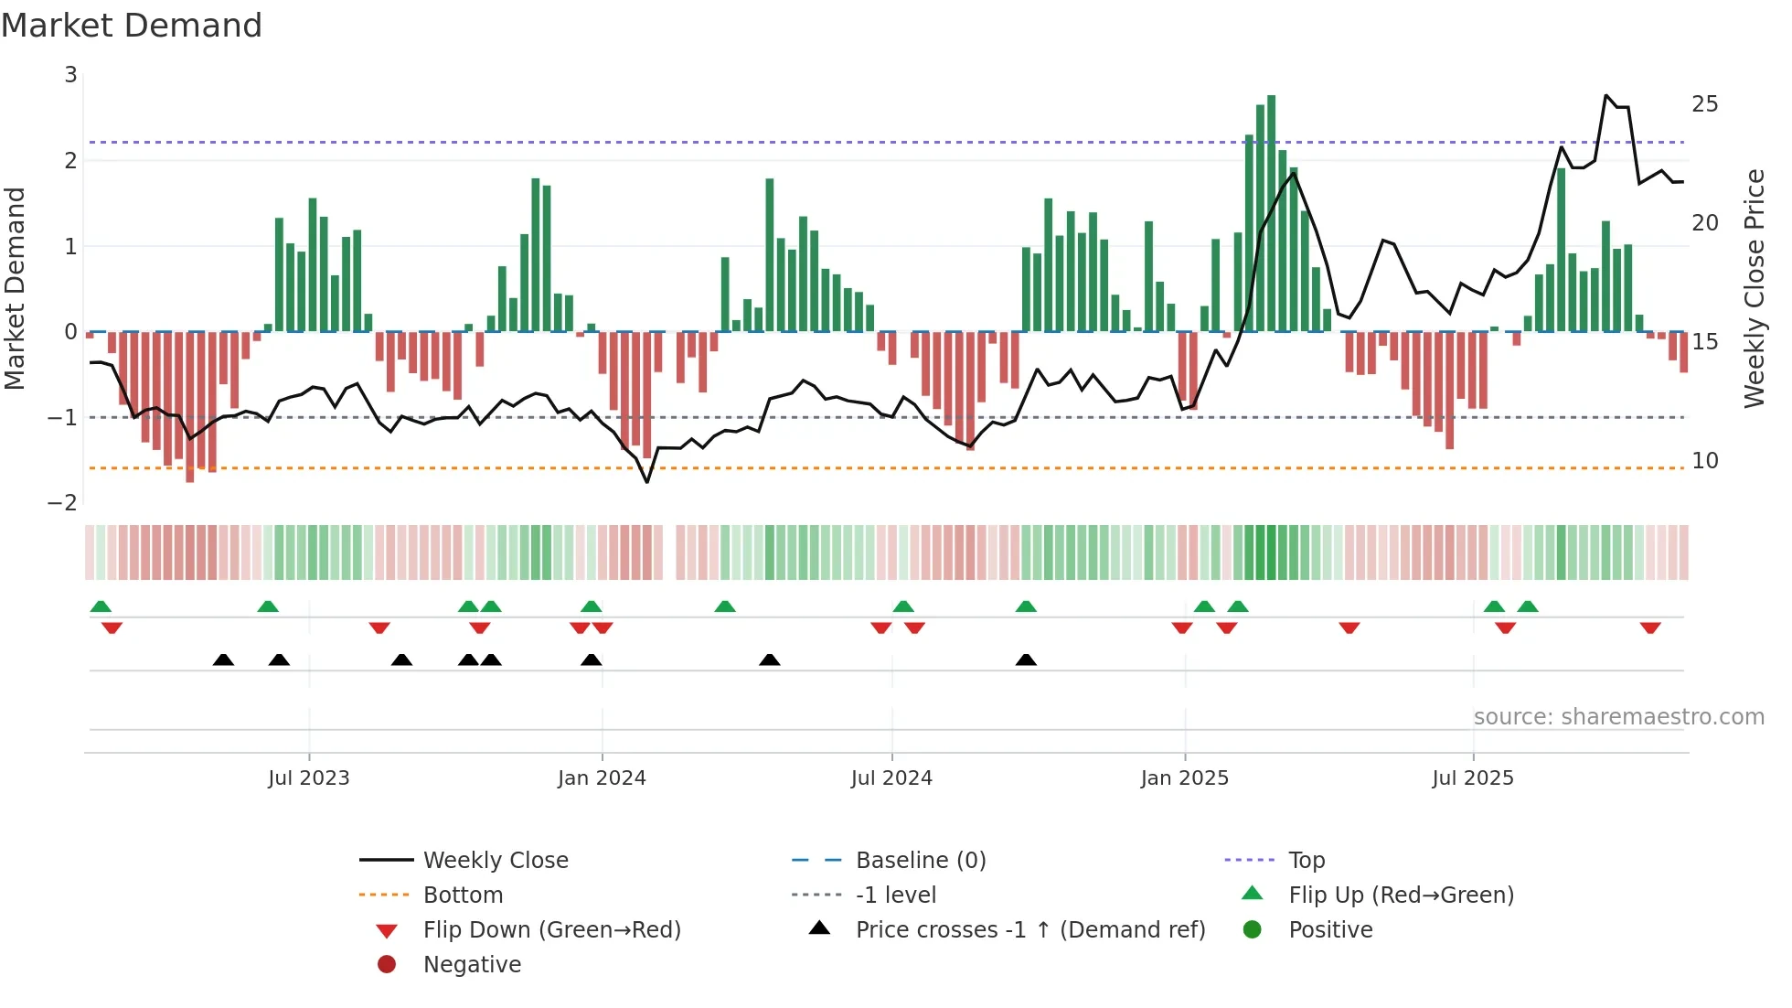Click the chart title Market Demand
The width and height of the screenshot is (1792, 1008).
point(132,26)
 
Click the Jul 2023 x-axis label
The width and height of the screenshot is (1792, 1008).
point(309,778)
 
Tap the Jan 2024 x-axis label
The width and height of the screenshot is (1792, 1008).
point(602,778)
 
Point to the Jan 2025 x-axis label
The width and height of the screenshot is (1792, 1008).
point(1185,778)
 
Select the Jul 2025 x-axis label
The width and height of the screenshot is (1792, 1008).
point(1473,778)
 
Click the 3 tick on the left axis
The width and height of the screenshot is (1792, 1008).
point(70,75)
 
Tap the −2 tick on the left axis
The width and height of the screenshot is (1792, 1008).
point(63,503)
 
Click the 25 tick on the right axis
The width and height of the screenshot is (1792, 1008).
point(1704,104)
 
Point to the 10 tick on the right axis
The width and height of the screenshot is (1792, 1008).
point(1704,461)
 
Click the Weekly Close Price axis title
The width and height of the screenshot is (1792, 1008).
point(1754,288)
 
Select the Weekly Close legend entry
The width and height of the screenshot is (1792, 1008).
point(496,861)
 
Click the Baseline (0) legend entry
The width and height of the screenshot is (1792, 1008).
point(920,861)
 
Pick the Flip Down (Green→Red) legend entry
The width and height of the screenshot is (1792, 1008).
point(551,930)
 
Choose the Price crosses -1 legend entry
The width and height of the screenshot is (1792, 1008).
point(1029,930)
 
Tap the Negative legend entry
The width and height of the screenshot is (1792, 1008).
point(472,965)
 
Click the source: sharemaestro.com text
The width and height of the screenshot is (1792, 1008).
point(1618,717)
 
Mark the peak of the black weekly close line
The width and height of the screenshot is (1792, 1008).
point(1606,95)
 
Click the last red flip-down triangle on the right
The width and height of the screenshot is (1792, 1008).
point(1650,627)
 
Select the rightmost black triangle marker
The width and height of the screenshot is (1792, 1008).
point(1026,659)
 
